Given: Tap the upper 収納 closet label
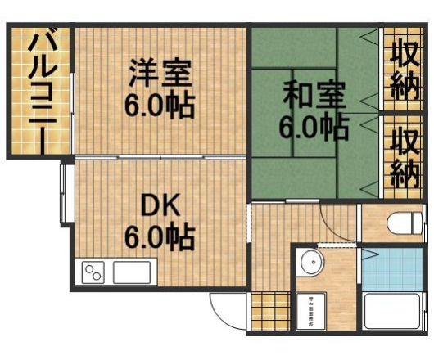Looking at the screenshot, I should tap(404, 70).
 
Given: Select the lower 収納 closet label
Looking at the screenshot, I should tap(404, 158).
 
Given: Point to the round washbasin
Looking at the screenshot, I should tap(312, 263).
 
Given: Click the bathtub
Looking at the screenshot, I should tap(393, 311).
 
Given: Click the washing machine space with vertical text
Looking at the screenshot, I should tap(311, 310).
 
